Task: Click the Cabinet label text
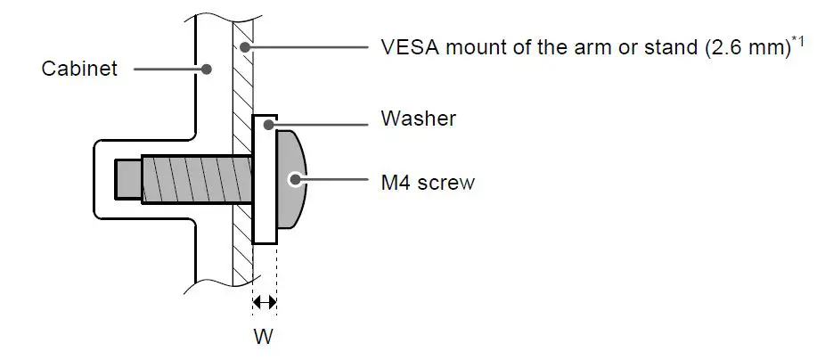point(79,69)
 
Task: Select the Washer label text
point(418,118)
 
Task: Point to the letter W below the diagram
point(265,337)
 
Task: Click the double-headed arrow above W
point(265,303)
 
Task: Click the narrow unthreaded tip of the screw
point(127,179)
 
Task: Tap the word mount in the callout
point(467,46)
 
